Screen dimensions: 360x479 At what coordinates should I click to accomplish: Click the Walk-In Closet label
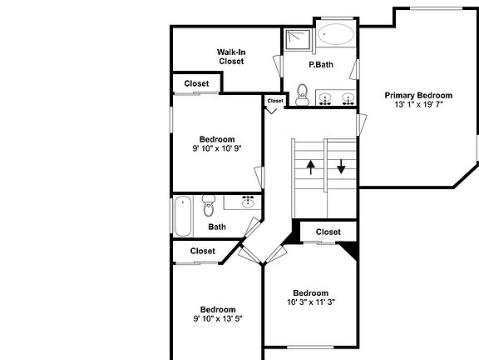tap(231, 56)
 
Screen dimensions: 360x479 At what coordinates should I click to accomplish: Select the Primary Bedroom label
tap(418, 95)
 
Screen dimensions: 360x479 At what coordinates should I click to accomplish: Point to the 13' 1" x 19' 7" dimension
tap(418, 105)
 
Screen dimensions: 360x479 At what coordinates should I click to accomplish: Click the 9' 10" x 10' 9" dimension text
tap(216, 150)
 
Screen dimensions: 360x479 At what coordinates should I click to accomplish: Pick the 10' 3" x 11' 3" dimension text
tap(310, 302)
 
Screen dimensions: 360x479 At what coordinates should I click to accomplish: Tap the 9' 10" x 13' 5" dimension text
tap(217, 318)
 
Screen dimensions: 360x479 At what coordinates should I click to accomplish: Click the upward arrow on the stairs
tap(309, 167)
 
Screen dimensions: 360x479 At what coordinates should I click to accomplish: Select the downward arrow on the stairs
tap(341, 167)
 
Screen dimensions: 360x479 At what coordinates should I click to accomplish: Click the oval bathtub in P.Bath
tap(336, 36)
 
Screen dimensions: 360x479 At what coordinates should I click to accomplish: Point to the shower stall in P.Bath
tap(295, 40)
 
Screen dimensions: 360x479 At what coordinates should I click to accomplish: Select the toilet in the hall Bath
tap(209, 204)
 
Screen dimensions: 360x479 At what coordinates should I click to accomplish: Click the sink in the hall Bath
tap(248, 202)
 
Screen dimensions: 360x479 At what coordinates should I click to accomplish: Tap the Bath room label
tap(217, 226)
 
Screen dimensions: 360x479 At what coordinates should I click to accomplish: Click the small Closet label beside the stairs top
tap(275, 101)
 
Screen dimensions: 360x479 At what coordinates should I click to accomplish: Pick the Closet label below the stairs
tap(328, 232)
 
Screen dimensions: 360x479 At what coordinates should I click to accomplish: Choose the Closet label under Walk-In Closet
tap(196, 83)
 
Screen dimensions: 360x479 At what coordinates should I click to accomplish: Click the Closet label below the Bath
tap(203, 251)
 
